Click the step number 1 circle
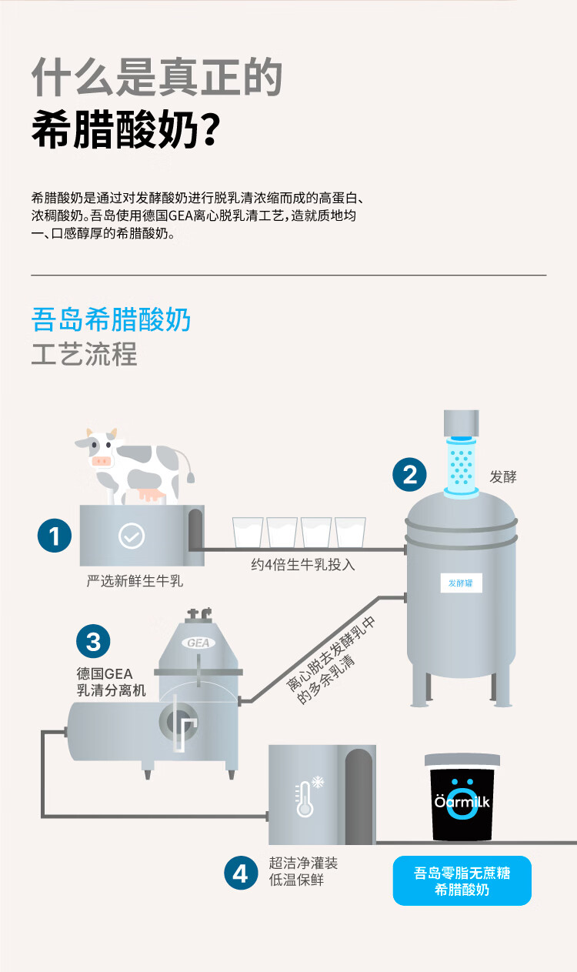[55, 536]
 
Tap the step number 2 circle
[409, 474]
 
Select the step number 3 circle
[93, 641]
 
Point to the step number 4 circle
[242, 873]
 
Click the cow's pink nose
[102, 461]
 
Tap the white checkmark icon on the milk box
[132, 536]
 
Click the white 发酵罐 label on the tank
[461, 583]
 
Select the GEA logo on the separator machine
[198, 643]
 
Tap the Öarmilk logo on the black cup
[462, 801]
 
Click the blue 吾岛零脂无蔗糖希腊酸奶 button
[462, 880]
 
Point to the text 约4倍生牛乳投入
[303, 565]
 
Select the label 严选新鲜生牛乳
[135, 580]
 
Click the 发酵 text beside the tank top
[503, 476]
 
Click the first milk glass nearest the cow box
[248, 533]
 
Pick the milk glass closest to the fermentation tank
[350, 533]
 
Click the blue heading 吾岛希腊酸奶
[111, 319]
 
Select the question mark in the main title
[211, 129]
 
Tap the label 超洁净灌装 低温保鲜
[303, 871]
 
